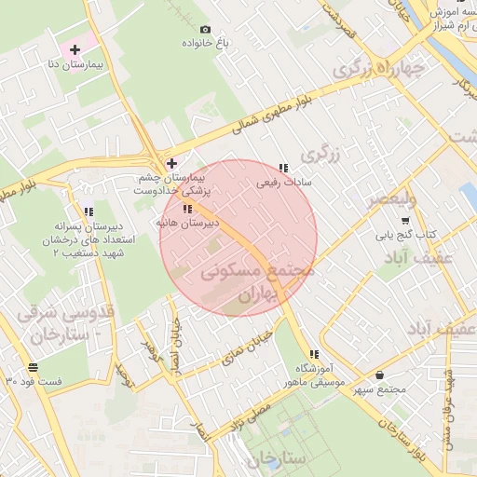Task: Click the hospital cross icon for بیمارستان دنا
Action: tap(75, 48)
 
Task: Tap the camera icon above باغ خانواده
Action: tap(205, 29)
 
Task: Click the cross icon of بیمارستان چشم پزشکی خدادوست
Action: tap(170, 163)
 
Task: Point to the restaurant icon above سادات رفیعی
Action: tap(283, 168)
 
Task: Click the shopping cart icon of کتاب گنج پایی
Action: tap(404, 221)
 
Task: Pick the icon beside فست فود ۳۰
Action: tap(34, 366)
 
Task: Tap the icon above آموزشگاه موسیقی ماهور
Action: tap(314, 354)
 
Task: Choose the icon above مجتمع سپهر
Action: tap(378, 375)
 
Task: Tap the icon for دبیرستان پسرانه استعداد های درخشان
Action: tap(89, 212)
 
